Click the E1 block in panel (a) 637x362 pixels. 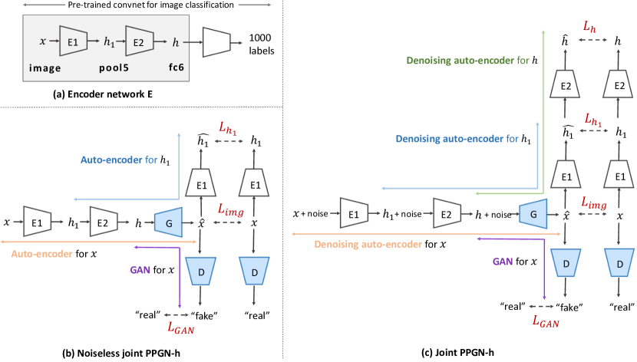click(73, 41)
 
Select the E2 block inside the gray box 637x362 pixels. click(139, 41)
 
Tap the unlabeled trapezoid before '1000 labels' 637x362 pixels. click(216, 42)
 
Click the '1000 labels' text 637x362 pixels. click(261, 44)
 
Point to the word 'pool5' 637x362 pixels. click(114, 67)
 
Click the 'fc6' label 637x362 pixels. click(177, 67)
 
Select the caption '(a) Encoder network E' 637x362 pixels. click(103, 94)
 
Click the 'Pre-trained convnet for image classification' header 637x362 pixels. click(150, 5)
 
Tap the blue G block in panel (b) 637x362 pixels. click(168, 222)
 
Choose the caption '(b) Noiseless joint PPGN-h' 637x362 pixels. click(120, 353)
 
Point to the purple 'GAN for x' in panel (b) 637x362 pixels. click(152, 270)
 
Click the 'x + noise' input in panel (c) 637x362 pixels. click(310, 213)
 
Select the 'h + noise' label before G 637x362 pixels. click(493, 214)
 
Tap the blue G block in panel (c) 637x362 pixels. click(533, 214)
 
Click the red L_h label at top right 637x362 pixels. click(589, 27)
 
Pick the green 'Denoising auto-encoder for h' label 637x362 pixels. click(472, 61)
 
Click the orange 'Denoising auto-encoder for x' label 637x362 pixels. click(380, 245)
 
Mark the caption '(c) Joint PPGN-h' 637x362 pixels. click(457, 352)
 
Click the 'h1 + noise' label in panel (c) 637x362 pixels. click(402, 214)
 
